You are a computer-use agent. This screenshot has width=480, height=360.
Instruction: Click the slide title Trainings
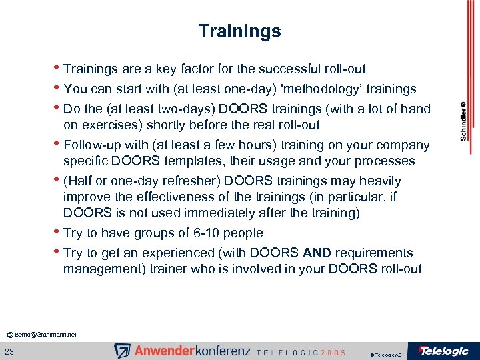click(x=239, y=31)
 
